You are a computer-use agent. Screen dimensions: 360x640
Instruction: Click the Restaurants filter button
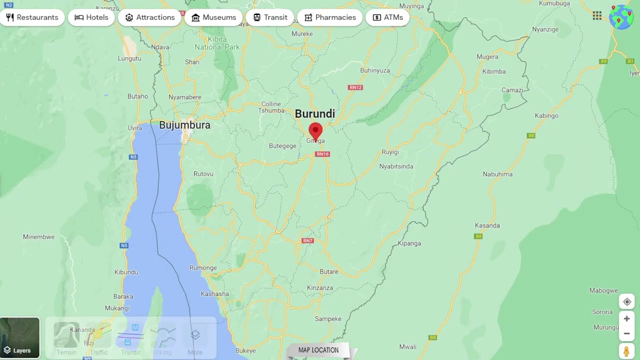point(32,17)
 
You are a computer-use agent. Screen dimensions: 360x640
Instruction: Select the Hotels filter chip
point(91,17)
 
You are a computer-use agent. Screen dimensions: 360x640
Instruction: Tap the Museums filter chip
point(213,17)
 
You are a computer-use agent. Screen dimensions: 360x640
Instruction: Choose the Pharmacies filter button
point(330,17)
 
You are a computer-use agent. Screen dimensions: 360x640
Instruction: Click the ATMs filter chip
point(387,17)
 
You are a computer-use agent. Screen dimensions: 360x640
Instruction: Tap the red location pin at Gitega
point(315,132)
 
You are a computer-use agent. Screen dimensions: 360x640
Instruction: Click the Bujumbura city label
point(184,125)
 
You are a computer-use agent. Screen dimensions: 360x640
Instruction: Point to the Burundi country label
point(314,113)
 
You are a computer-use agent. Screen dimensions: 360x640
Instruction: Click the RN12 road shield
point(355,87)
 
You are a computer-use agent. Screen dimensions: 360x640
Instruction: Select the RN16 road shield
point(322,154)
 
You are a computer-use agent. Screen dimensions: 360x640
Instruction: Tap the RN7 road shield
point(307,240)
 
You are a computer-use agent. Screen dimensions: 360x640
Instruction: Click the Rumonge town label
point(203,268)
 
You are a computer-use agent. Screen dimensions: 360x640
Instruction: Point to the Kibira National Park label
point(217,43)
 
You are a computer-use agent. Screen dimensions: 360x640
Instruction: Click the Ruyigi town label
point(390,152)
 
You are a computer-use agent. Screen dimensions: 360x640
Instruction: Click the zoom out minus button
point(626,333)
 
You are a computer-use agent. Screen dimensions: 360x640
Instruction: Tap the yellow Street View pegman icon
point(626,351)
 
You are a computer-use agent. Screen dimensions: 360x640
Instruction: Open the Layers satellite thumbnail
point(20,338)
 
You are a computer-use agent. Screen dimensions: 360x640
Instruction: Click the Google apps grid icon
point(597,15)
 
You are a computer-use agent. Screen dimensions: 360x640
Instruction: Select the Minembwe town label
point(38,237)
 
